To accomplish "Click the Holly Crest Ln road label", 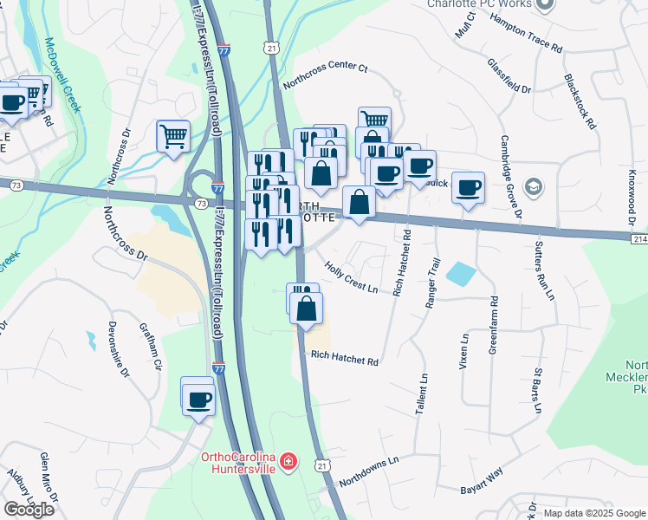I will [351, 277].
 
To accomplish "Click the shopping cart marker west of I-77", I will [172, 135].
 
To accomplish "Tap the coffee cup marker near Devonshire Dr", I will [198, 399].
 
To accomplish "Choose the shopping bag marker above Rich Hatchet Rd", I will [307, 308].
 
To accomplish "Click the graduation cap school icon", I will [534, 185].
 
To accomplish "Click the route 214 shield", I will [639, 238].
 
